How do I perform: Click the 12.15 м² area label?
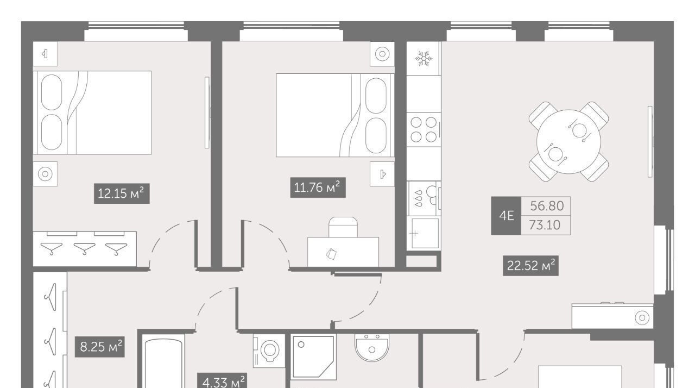(x=122, y=193)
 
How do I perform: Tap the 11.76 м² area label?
(x=318, y=187)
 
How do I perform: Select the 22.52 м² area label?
(x=530, y=266)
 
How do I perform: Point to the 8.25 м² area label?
(x=99, y=347)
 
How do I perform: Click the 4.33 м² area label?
(x=222, y=381)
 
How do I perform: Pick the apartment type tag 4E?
(x=506, y=216)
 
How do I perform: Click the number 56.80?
(x=547, y=206)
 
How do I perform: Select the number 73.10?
(x=545, y=225)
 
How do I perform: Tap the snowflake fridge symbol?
(x=424, y=58)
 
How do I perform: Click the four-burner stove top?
(x=424, y=130)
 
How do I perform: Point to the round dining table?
(x=568, y=141)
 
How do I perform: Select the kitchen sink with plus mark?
(x=425, y=233)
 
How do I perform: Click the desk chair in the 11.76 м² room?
(x=343, y=227)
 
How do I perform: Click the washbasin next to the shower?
(x=372, y=348)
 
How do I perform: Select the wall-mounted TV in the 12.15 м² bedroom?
(x=207, y=112)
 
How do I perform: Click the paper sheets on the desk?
(x=331, y=254)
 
